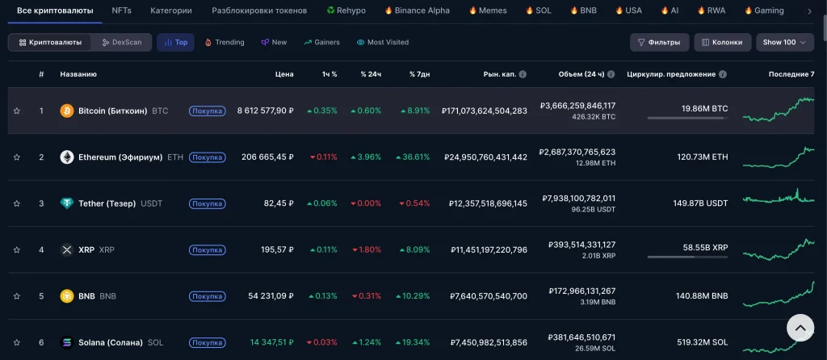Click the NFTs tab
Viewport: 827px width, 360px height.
point(121,10)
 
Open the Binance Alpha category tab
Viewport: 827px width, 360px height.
point(418,10)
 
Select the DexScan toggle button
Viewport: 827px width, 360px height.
point(122,42)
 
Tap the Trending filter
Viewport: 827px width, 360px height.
point(225,42)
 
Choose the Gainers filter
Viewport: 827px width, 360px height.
point(321,42)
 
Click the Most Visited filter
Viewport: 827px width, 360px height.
point(382,42)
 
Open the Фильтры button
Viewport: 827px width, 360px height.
point(659,42)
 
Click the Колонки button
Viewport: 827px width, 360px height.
point(722,42)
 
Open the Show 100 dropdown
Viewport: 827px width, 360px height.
point(785,42)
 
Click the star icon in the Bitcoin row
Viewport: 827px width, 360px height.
point(16,111)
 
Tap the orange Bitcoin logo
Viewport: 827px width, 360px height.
point(67,111)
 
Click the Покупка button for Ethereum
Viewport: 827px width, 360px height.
point(208,157)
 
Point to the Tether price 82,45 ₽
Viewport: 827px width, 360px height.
point(279,203)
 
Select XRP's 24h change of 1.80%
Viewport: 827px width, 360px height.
point(367,250)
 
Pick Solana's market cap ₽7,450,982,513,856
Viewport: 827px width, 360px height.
point(489,342)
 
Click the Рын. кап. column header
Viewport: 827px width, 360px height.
point(499,74)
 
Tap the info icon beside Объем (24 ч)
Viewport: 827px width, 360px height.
point(611,74)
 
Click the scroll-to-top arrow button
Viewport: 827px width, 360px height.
point(800,328)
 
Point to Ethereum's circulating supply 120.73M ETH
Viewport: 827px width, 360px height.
point(703,157)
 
